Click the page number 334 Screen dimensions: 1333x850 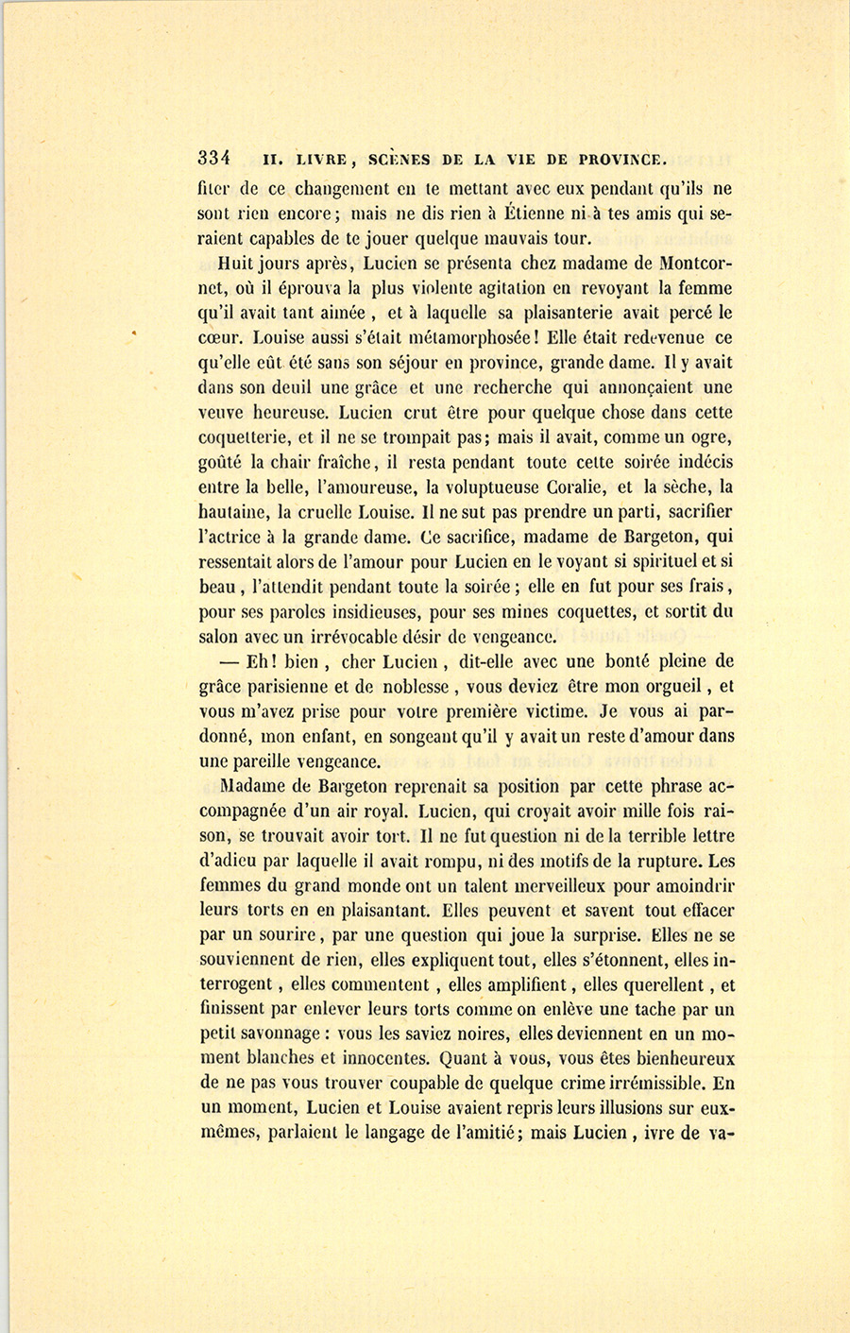click(216, 158)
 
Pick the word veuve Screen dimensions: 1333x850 click(222, 413)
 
